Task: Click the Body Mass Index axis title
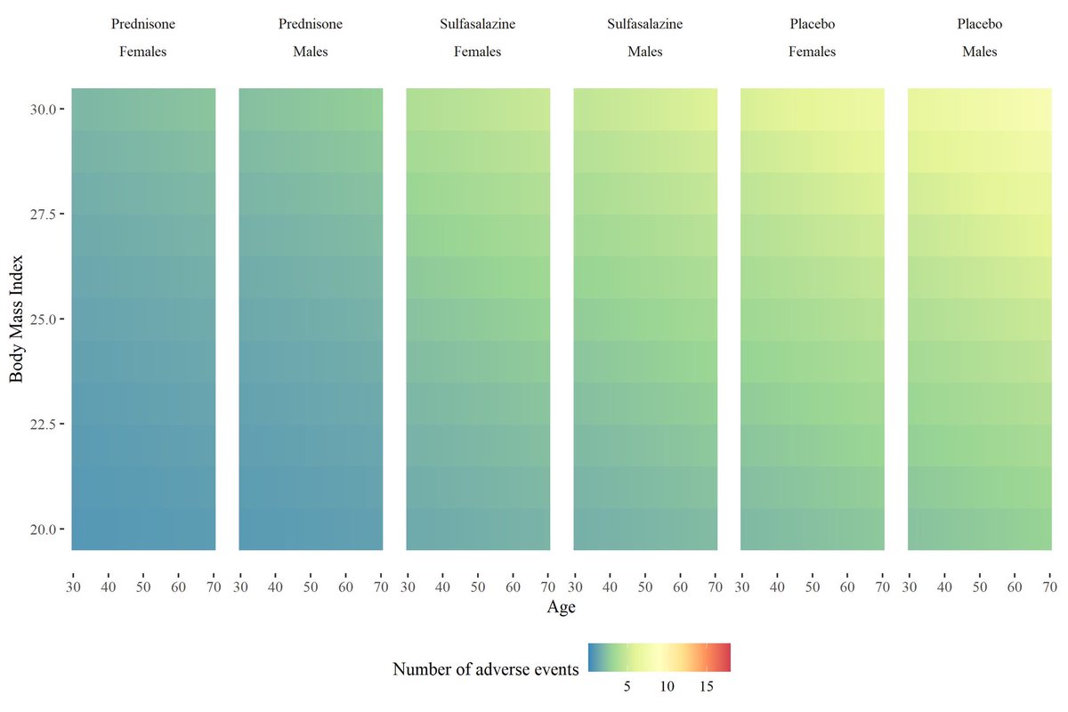coord(16,319)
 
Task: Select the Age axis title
coord(561,609)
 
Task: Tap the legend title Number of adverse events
coord(486,668)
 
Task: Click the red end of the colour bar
coord(725,657)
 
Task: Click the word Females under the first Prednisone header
coord(143,52)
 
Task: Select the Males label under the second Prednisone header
coord(311,52)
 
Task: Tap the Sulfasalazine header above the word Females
coord(478,24)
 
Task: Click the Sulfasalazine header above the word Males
coord(645,24)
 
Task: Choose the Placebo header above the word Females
coord(813,24)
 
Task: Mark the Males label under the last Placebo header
coord(980,52)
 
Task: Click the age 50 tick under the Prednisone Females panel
coord(143,587)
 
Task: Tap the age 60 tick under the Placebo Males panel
coord(1015,587)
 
